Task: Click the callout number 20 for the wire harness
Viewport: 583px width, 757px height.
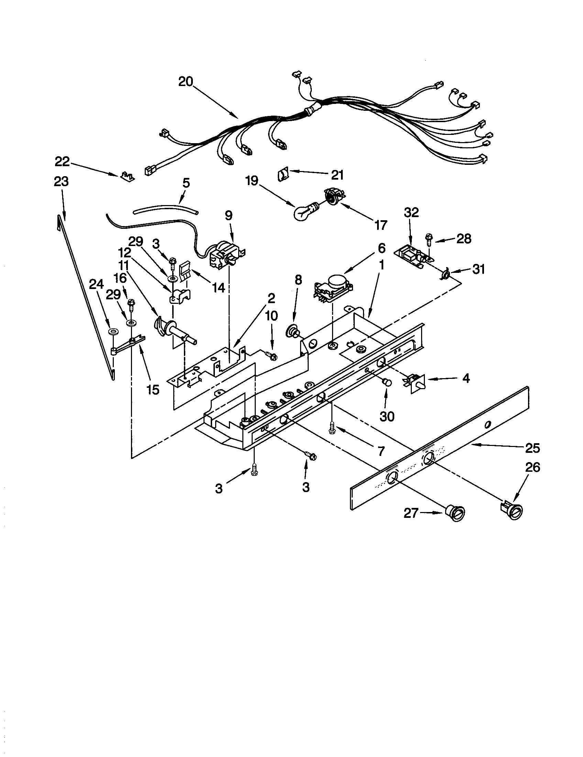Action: tap(186, 82)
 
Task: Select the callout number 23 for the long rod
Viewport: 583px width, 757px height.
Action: tap(61, 182)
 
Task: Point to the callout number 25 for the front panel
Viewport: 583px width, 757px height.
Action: tap(532, 448)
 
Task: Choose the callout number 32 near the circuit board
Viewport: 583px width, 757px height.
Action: tap(411, 212)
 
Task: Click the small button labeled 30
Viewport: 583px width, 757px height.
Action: tap(386, 383)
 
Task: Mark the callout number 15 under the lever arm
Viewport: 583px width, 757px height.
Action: tap(153, 390)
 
